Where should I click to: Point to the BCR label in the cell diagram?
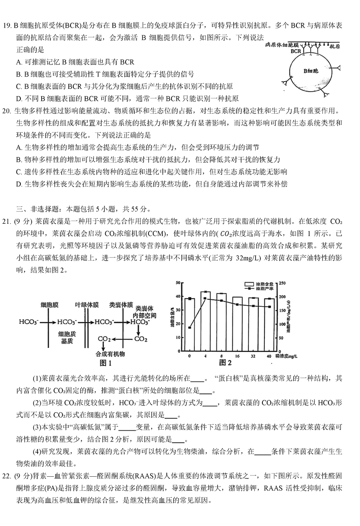(x=296, y=51)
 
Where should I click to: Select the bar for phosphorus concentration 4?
(x=205, y=320)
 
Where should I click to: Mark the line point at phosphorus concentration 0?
(x=189, y=327)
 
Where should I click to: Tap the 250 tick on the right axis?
(x=283, y=283)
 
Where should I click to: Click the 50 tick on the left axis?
(x=177, y=283)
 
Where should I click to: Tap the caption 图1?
(x=105, y=363)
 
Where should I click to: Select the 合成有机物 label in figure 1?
(x=110, y=354)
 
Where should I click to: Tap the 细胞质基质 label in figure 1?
(x=66, y=337)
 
